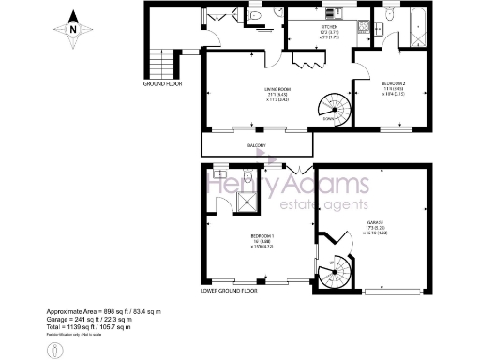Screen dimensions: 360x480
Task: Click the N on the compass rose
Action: coord(72,28)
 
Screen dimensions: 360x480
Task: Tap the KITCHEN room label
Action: coord(329,27)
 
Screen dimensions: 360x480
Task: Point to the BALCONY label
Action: coord(256,145)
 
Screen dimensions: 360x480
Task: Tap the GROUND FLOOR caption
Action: coord(162,83)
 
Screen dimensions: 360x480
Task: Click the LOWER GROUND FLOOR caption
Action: coord(228,290)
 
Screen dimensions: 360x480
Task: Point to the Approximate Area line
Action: coord(104,310)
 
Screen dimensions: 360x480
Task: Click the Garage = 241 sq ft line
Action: coord(91,317)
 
